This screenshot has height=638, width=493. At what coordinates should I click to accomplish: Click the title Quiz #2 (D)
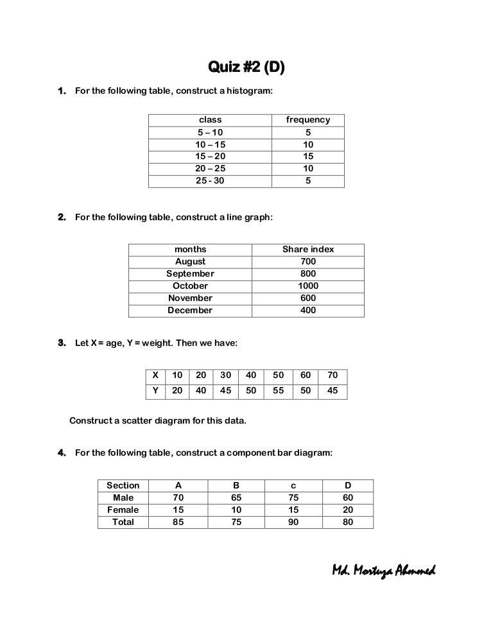tap(246, 67)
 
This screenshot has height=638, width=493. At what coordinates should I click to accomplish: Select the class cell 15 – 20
tap(211, 157)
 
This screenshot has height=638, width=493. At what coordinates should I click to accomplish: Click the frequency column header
tap(308, 120)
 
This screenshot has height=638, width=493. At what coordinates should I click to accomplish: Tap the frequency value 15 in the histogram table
tap(308, 157)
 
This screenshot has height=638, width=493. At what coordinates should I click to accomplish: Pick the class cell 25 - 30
tap(211, 181)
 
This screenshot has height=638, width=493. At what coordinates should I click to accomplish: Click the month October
tap(191, 286)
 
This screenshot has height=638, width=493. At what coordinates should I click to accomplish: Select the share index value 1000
tap(308, 286)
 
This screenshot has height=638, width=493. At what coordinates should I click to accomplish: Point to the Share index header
tap(308, 250)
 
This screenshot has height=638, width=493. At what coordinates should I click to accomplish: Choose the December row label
tap(190, 311)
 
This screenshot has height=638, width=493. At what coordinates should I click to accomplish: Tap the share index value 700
tap(308, 262)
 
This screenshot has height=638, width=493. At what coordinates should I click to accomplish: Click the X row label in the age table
tap(155, 375)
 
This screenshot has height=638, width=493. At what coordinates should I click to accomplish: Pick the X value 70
tap(333, 375)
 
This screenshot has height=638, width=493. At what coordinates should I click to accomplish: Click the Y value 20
tap(177, 390)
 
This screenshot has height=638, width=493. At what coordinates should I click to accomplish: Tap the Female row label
tap(123, 510)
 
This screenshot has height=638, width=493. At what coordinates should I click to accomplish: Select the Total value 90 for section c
tap(292, 522)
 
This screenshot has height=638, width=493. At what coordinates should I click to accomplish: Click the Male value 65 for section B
tap(236, 498)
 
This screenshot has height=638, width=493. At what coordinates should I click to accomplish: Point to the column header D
tap(347, 486)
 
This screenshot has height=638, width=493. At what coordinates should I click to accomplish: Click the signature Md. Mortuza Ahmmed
tap(383, 571)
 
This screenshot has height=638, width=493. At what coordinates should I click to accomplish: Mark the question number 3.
tap(62, 343)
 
